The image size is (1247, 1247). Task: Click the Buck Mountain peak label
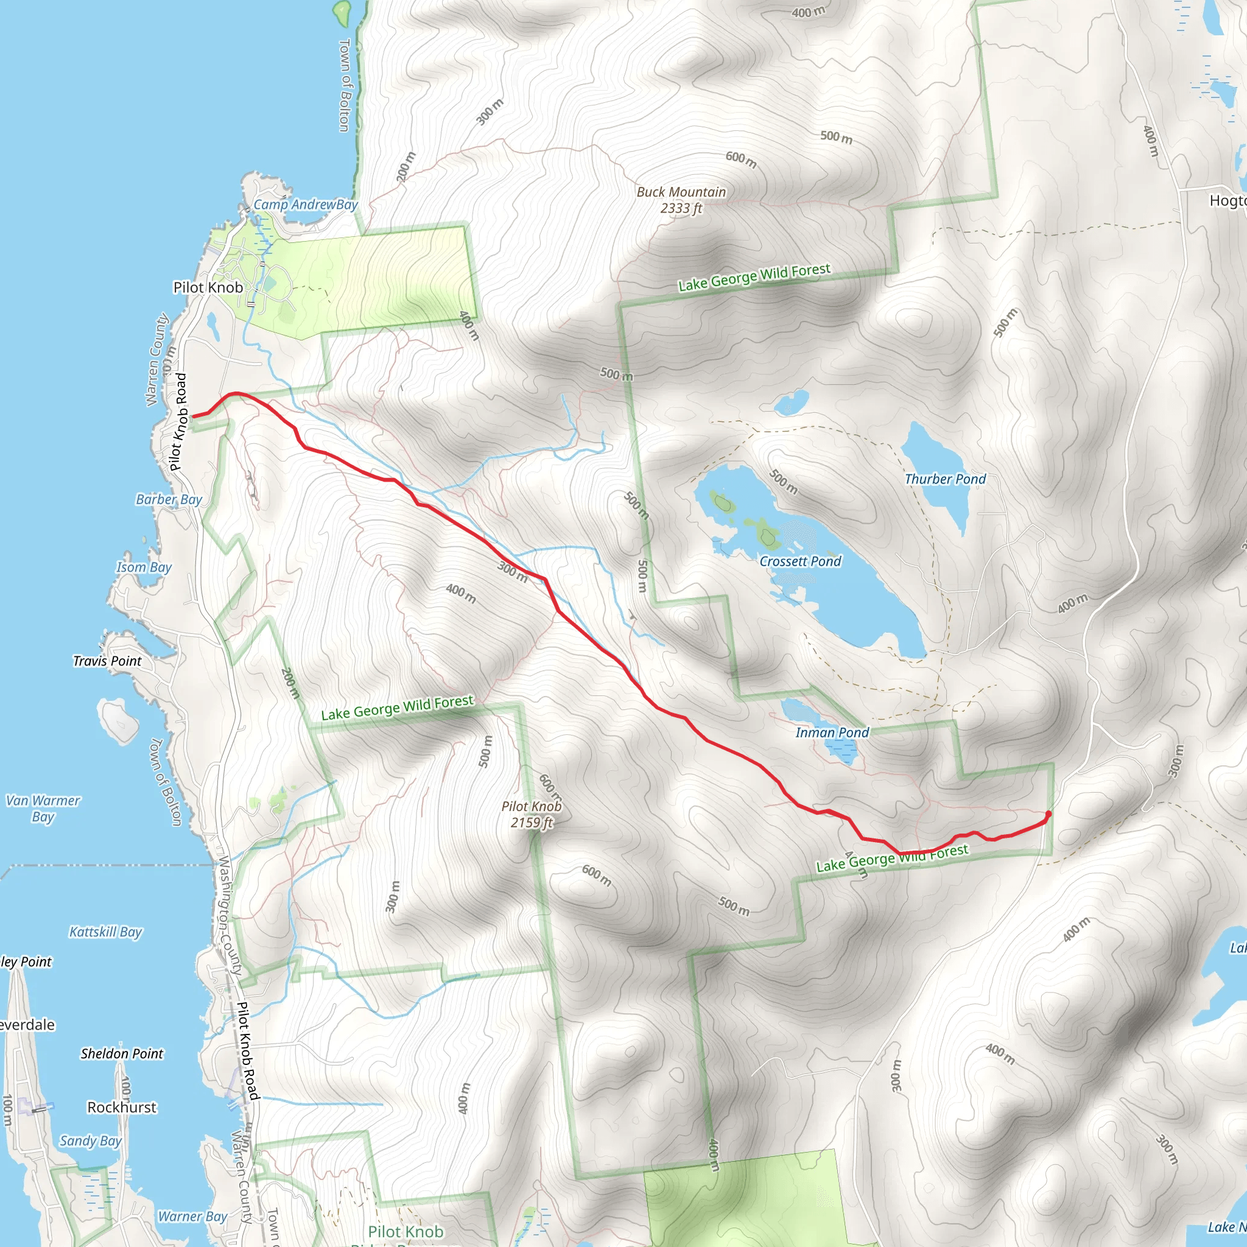[681, 200]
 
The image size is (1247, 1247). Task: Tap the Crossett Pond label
[799, 561]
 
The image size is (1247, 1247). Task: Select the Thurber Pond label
[945, 479]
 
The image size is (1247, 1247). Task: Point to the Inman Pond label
[832, 732]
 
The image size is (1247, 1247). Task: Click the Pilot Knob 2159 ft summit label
[531, 814]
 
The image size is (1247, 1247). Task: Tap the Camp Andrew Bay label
[305, 205]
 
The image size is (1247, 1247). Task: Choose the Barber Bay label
[169, 499]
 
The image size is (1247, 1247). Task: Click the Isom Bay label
[143, 567]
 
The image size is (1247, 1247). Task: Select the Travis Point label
[107, 661]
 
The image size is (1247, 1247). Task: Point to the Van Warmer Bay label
[43, 808]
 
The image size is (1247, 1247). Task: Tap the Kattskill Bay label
[105, 932]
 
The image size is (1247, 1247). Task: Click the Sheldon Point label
[121, 1054]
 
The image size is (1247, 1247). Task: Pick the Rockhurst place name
[121, 1108]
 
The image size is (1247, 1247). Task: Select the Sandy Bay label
[90, 1141]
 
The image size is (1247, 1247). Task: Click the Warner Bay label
[192, 1217]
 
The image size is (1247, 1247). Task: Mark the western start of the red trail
[194, 416]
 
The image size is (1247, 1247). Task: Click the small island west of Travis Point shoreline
[119, 722]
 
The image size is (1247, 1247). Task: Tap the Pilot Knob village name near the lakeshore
[208, 287]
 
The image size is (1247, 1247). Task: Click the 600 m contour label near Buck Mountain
[741, 159]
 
